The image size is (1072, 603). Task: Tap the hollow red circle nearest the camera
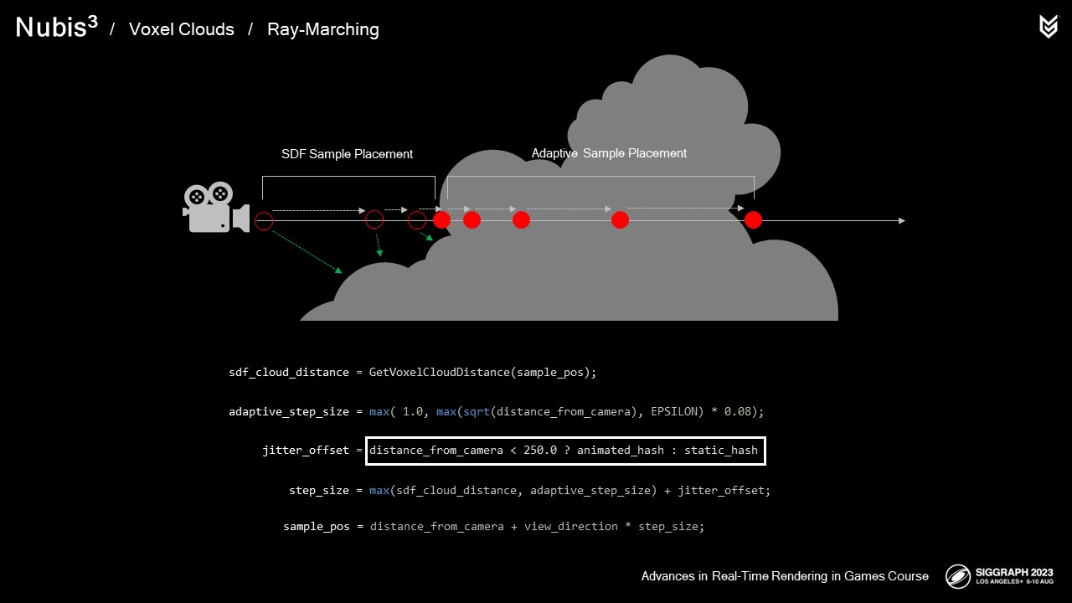[264, 221]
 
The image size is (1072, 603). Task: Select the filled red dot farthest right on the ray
[753, 220]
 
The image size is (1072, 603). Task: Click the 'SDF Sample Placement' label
[347, 154]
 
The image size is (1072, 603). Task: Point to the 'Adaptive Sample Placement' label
[609, 153]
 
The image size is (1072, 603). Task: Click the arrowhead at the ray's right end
[901, 221]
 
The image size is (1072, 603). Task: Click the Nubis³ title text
[56, 28]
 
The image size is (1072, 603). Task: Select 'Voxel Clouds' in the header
[181, 29]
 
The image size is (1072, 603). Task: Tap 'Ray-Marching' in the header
[322, 29]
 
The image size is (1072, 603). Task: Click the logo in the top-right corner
[1048, 27]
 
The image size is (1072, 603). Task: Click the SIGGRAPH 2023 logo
[999, 576]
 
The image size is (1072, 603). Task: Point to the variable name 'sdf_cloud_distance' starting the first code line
[288, 372]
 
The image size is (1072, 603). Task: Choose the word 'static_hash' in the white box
[720, 451]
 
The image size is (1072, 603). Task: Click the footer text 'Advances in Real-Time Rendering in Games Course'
[785, 576]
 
